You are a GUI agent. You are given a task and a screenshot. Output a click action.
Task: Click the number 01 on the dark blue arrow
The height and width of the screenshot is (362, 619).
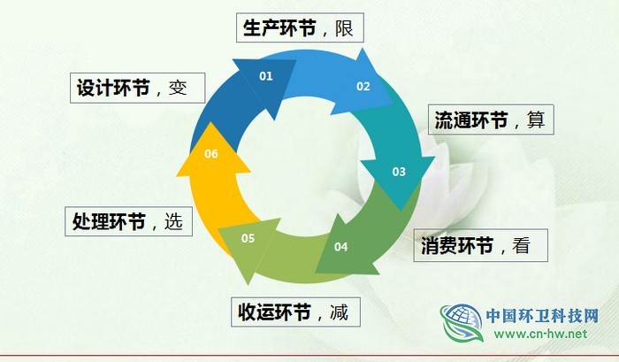[x=265, y=76]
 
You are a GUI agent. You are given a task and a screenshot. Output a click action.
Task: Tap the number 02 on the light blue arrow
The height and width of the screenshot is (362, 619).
[x=363, y=87]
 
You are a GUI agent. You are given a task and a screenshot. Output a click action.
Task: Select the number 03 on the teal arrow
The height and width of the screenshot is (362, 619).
[x=399, y=172]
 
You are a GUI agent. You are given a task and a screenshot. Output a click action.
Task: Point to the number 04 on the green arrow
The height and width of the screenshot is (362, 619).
[x=341, y=246]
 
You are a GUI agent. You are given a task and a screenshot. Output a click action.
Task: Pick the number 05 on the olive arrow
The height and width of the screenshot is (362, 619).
[x=248, y=238]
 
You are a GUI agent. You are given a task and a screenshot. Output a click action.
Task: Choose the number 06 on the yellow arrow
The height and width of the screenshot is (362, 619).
[x=211, y=154]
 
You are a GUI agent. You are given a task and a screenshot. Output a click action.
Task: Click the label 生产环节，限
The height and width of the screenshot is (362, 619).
[x=300, y=27]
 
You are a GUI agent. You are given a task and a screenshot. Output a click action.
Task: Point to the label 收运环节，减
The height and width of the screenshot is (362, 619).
[x=298, y=312]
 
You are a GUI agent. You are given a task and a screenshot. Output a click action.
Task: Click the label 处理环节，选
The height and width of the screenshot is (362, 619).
[x=127, y=221]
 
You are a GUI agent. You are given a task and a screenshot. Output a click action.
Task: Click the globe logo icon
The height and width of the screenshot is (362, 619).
[x=462, y=323]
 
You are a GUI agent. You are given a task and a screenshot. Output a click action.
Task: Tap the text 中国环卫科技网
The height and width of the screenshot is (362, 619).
[x=543, y=314]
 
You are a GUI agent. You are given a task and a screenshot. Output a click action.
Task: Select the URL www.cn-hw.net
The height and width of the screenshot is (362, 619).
[x=540, y=335]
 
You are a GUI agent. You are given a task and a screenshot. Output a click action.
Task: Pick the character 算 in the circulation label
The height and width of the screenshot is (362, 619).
[x=536, y=119]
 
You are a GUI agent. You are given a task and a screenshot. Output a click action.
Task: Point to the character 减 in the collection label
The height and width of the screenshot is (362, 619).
[x=339, y=312]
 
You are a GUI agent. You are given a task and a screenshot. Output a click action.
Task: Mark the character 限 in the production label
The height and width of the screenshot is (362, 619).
[x=344, y=27]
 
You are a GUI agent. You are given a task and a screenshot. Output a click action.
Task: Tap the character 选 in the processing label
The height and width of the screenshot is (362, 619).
[x=173, y=221]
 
